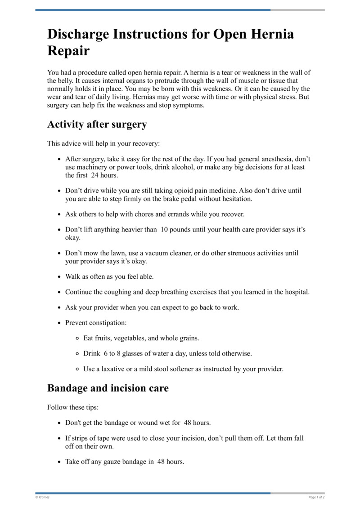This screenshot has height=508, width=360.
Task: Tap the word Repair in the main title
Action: click(x=68, y=51)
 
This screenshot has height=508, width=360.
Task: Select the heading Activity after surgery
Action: click(x=97, y=124)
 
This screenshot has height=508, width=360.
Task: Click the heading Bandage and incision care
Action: click(x=108, y=388)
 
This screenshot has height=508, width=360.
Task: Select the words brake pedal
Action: click(x=197, y=198)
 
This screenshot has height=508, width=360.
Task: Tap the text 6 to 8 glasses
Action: click(x=124, y=353)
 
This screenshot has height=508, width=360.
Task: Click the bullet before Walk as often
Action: click(x=60, y=277)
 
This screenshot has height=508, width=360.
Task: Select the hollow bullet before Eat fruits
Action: click(x=78, y=338)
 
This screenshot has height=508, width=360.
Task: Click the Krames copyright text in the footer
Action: click(x=43, y=497)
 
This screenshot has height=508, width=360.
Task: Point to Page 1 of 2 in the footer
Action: click(x=316, y=497)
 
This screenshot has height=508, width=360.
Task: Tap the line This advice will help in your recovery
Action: click(x=103, y=144)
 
